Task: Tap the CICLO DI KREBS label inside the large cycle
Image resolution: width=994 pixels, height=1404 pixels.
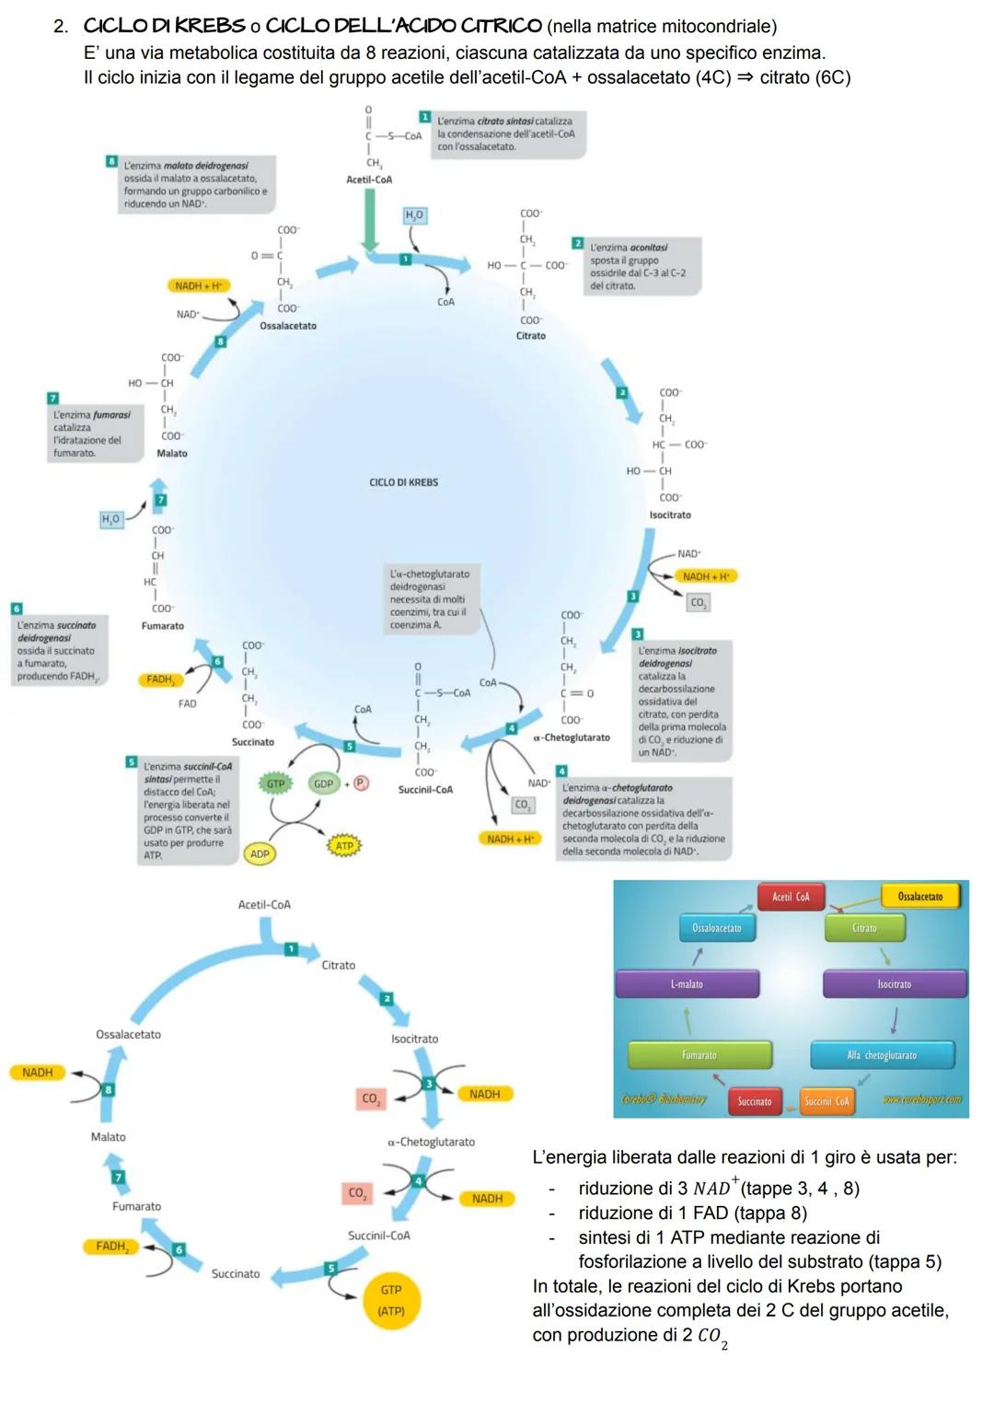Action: click(x=403, y=482)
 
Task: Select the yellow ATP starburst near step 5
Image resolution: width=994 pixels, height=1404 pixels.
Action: click(x=344, y=845)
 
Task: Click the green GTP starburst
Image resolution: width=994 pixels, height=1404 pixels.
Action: click(x=275, y=784)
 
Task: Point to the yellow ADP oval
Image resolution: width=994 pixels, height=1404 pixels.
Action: click(x=260, y=854)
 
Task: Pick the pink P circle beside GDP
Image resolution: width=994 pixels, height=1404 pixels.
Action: click(x=361, y=783)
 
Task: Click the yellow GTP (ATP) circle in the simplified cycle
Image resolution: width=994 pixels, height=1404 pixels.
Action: click(x=391, y=1300)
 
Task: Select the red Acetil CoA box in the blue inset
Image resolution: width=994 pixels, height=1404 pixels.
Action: click(x=791, y=897)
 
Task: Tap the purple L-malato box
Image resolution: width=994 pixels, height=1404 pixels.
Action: click(x=687, y=984)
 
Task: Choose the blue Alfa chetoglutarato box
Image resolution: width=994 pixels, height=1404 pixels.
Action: click(x=882, y=1055)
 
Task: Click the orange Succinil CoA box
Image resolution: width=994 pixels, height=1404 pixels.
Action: click(x=826, y=1101)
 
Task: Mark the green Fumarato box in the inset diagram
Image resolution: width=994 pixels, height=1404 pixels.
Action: click(x=699, y=1055)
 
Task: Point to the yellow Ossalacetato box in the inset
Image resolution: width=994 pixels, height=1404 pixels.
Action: click(x=919, y=897)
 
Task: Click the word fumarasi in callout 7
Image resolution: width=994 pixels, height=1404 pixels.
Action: click(x=111, y=415)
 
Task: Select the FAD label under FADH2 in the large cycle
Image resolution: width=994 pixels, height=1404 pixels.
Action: click(x=187, y=704)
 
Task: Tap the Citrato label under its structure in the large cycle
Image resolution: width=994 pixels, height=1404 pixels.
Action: click(x=530, y=336)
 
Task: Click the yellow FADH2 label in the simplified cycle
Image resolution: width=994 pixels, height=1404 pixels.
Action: click(x=111, y=1247)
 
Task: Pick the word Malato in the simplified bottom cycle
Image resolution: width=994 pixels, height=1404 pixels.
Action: click(x=108, y=1137)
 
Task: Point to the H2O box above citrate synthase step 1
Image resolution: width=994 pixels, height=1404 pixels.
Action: click(x=414, y=215)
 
